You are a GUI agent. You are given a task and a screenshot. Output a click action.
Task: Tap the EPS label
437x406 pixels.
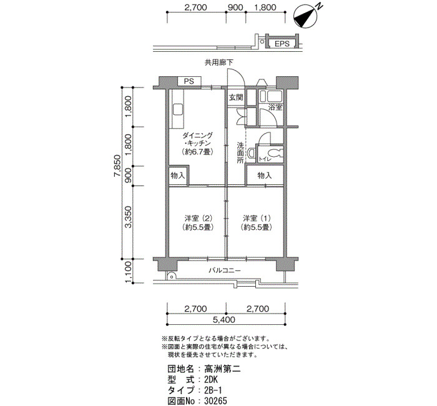282,44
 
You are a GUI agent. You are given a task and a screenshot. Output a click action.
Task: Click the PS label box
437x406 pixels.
189,81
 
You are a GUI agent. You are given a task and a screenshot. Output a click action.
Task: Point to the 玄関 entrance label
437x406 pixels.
236,97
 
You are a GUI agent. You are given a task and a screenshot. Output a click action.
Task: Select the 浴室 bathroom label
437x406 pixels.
275,107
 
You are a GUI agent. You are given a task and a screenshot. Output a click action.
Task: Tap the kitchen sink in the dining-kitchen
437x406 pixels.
177,109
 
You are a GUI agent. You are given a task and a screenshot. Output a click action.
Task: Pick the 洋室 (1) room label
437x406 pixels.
257,218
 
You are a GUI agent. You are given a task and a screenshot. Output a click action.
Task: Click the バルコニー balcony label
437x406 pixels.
225,270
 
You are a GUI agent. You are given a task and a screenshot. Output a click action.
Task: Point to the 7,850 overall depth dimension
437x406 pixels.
117,166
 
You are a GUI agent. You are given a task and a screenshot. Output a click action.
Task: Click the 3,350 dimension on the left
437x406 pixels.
128,217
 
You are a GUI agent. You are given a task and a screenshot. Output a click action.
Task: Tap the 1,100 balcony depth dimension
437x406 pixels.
128,272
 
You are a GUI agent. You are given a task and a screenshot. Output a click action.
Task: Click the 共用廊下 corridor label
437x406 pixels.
219,62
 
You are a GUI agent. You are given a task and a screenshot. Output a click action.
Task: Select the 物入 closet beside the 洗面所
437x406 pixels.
265,176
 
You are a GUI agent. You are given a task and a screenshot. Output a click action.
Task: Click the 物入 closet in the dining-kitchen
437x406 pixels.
177,176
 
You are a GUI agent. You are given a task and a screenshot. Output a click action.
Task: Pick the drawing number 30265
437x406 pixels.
216,401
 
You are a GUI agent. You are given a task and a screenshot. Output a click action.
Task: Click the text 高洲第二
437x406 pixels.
222,369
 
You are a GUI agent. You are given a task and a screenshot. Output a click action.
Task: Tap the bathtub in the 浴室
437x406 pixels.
275,96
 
